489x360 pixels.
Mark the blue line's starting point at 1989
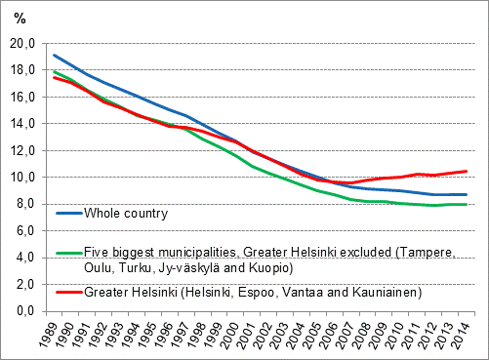coord(56,55)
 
